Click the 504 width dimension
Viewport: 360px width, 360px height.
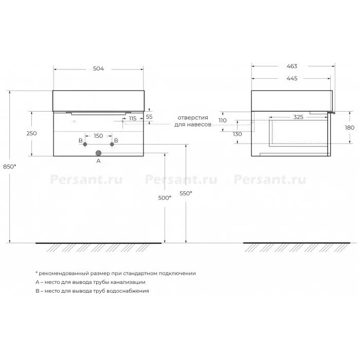click(x=99, y=68)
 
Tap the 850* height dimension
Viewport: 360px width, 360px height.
click(x=10, y=167)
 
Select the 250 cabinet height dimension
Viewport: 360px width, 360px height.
click(x=31, y=133)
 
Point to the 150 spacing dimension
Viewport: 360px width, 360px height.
click(x=98, y=136)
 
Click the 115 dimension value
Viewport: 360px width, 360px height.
click(x=133, y=118)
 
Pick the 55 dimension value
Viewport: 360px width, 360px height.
click(x=149, y=117)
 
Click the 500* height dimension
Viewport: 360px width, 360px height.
click(x=165, y=197)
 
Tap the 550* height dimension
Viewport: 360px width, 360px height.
click(x=186, y=193)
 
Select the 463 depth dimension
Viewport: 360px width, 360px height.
click(x=292, y=66)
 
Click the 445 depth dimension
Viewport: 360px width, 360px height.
click(x=292, y=78)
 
